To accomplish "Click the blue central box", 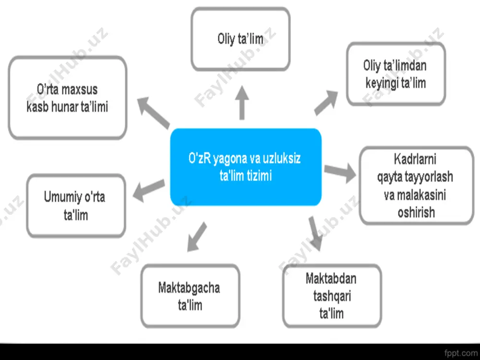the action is coord(246,167).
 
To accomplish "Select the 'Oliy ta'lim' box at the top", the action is coord(240,39).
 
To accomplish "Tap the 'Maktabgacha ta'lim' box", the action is coord(190,296).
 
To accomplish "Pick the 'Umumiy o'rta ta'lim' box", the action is coord(76,206).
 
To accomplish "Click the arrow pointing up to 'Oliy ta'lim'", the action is coord(242,103).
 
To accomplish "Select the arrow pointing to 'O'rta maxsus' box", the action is coord(153,113).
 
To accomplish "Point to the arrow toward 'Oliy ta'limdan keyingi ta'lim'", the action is coord(326,103).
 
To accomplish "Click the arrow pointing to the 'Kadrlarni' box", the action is coord(340,172).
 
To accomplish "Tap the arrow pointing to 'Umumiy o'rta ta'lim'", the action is coord(149,191).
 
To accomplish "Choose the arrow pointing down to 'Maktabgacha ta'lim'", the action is coord(197,237).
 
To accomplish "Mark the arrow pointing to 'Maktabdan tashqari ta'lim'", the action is coord(315,234).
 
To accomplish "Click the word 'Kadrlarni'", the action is coord(415,159).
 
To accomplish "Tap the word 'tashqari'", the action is coord(332,296).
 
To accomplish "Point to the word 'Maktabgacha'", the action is coord(189,288).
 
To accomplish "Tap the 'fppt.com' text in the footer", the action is coord(461,353).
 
